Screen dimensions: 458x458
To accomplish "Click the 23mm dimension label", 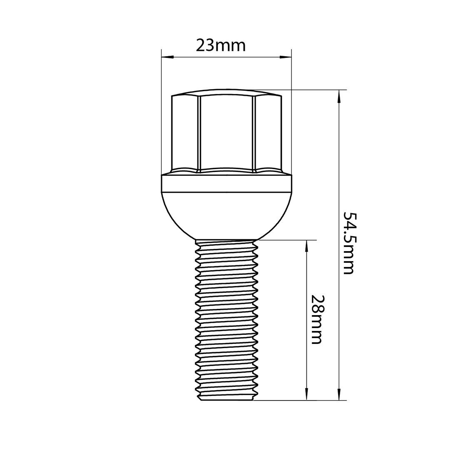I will tap(220, 45).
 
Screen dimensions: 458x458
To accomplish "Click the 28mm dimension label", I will tap(316, 319).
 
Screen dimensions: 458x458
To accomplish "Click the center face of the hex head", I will tap(227, 133).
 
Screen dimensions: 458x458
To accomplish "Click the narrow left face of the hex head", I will tap(186, 133).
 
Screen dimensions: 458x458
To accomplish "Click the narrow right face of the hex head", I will tap(267, 133).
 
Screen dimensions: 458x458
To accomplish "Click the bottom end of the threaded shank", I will tap(227, 398).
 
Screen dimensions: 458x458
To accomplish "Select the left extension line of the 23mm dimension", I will tap(161, 112).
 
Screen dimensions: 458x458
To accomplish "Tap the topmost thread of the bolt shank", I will tap(227, 244).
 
